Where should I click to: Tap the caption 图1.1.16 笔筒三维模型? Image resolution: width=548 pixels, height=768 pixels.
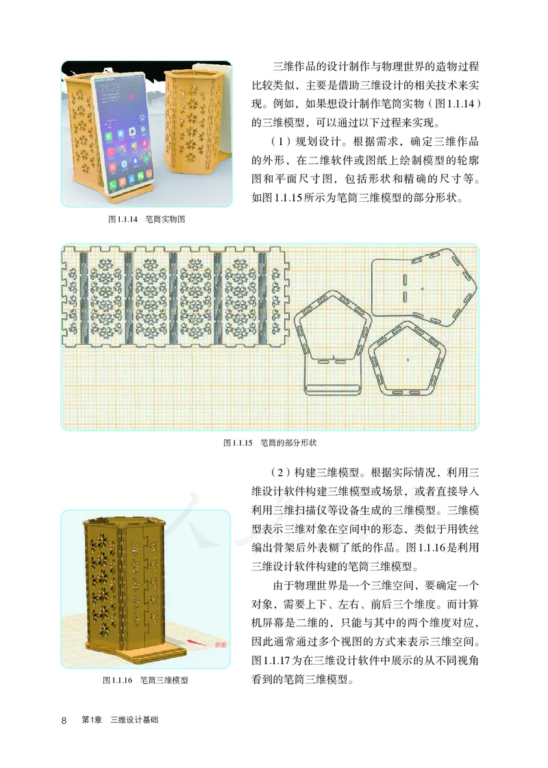point(145,680)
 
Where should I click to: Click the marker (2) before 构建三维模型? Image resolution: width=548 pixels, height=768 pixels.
point(270,472)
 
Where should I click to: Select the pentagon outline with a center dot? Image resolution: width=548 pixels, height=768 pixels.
point(407,358)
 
